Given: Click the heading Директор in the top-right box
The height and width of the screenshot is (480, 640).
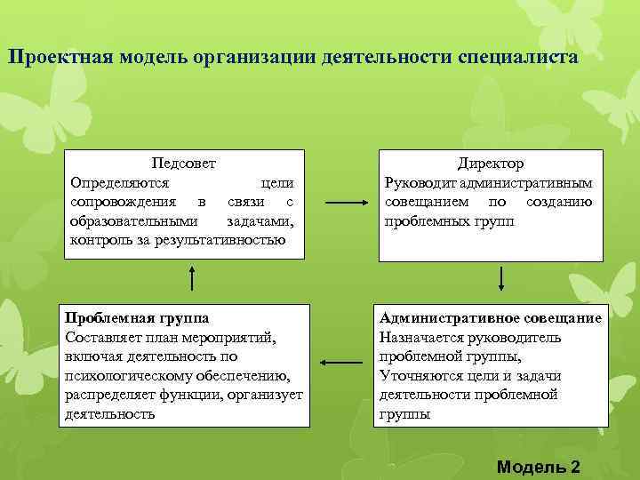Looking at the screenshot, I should pos(490,164).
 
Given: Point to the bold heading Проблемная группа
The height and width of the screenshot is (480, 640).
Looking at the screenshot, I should pos(132,317).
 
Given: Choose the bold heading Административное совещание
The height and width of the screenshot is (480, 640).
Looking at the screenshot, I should pos(490,317).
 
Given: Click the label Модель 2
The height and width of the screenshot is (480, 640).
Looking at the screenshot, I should pos(539,467).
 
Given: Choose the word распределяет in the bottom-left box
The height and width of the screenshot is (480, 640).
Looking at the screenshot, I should pos(108,395).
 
